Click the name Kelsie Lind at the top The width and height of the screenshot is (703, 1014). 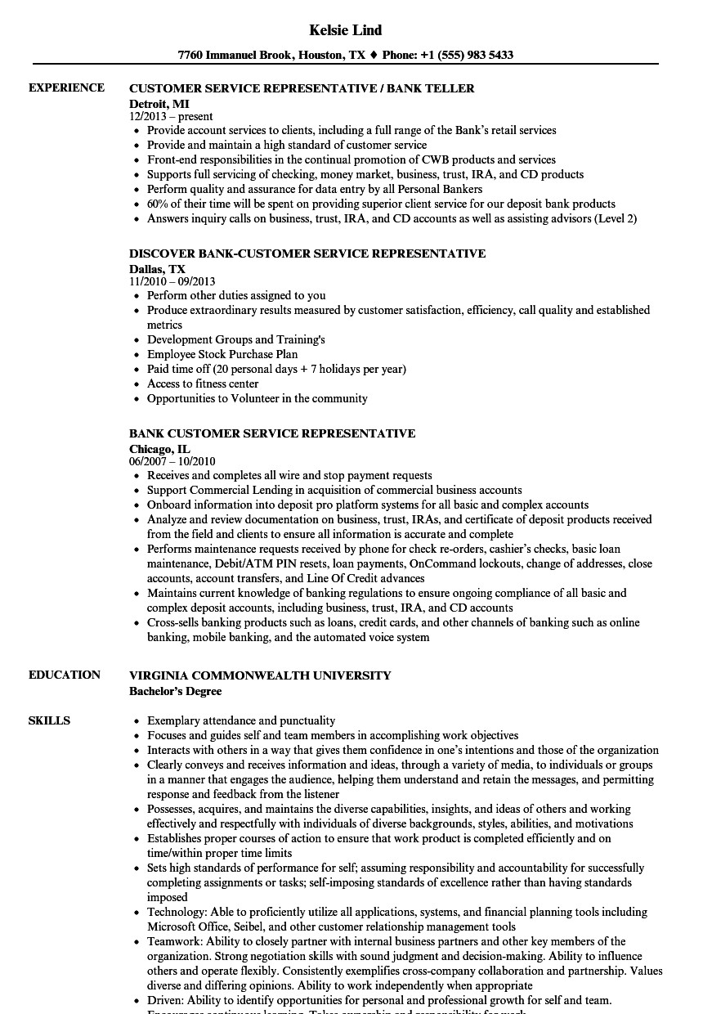coord(346,30)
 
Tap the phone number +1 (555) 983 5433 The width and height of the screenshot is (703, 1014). coord(467,56)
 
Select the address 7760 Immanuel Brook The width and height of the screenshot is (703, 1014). coord(231,56)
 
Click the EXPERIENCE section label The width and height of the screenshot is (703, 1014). coord(66,88)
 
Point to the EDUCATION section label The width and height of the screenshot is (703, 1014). coord(65,675)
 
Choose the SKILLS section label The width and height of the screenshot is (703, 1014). coord(49,721)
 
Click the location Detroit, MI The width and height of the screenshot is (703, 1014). coord(159,104)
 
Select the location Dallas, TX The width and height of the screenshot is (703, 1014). coord(157,269)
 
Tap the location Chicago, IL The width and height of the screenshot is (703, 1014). coord(160,449)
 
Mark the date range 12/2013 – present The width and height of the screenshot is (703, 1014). coord(171,117)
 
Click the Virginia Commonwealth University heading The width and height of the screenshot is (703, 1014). coord(260,675)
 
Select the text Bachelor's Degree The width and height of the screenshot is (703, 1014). coord(175,691)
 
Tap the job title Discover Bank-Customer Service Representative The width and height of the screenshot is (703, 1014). coord(307,253)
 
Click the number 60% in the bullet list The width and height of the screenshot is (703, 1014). coord(159,204)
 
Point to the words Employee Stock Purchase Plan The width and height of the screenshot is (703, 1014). coord(222,355)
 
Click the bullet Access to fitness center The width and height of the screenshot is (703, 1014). coord(203,384)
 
